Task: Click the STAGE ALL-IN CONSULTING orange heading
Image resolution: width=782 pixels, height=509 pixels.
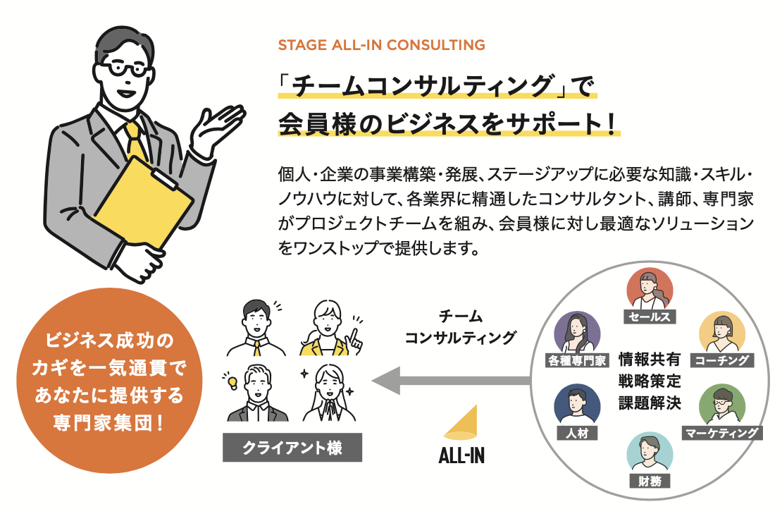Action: tap(382, 45)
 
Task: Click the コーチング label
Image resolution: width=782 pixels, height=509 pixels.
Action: tap(722, 360)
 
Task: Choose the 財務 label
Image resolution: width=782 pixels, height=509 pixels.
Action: tap(650, 481)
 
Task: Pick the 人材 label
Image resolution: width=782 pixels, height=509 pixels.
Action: tap(576, 432)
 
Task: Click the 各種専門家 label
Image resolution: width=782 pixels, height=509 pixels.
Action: tap(576, 360)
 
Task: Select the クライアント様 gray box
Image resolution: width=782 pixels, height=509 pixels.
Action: tap(292, 448)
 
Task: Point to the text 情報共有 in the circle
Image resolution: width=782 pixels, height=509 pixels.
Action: tap(650, 359)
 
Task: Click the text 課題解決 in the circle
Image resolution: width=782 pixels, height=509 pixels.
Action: tap(650, 404)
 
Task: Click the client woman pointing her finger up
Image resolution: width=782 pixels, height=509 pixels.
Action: tap(325, 328)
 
